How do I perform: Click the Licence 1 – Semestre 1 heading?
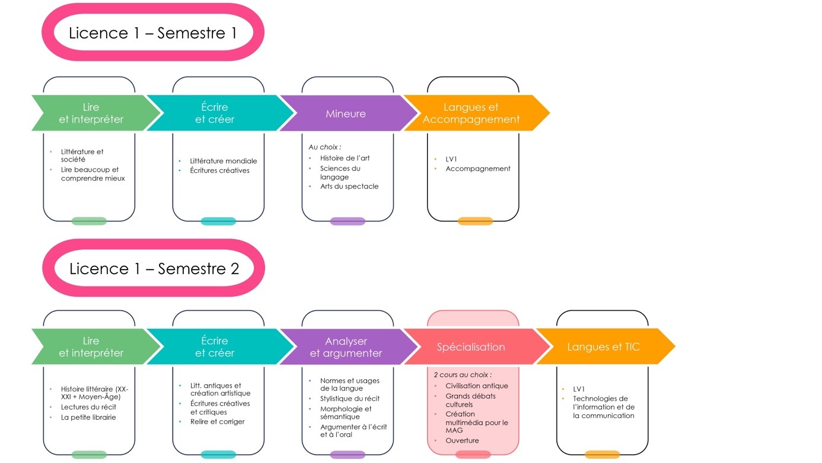pos(152,33)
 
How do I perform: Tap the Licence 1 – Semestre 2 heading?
pos(154,269)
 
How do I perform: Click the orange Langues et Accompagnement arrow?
pos(477,113)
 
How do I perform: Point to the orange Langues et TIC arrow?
pos(606,347)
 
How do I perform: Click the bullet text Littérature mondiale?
pos(224,161)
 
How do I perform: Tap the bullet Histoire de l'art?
pos(345,158)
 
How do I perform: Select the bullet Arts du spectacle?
pos(349,186)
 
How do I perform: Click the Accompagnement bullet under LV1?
pos(478,169)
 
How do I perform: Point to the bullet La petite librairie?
pos(88,417)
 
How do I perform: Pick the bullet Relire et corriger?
pos(217,421)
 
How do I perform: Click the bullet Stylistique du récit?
pos(350,398)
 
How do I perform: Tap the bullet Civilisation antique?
pos(477,385)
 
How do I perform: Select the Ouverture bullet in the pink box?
pos(462,440)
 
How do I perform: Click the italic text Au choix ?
pos(325,147)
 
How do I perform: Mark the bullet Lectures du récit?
pos(88,407)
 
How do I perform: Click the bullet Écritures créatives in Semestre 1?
pos(219,170)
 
